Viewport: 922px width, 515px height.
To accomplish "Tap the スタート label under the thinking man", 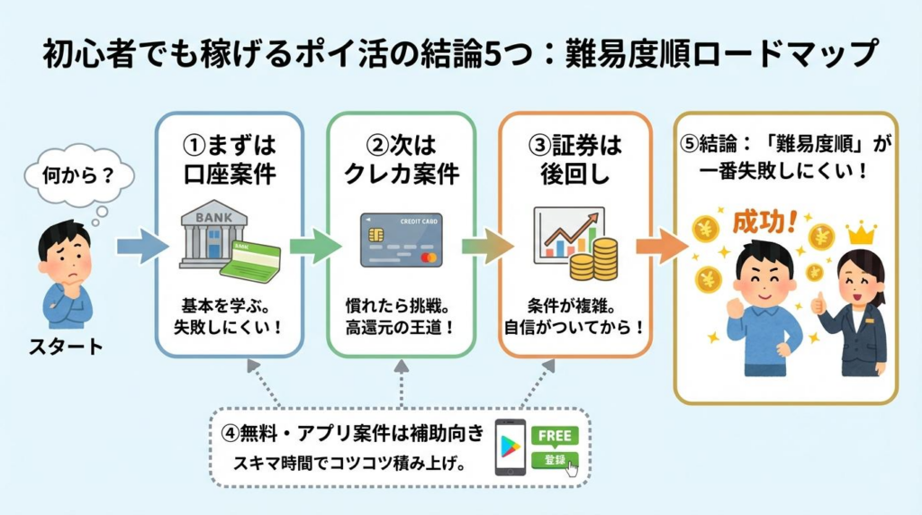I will click(68, 347).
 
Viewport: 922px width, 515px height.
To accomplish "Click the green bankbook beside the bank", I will click(251, 261).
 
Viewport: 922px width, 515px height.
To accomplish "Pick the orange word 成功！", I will click(765, 221).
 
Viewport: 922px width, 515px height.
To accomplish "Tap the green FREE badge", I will click(555, 435).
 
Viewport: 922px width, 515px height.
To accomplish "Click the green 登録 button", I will click(553, 460).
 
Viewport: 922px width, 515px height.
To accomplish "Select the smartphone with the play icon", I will click(511, 447).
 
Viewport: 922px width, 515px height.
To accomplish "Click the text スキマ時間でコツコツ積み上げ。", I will click(352, 465).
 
